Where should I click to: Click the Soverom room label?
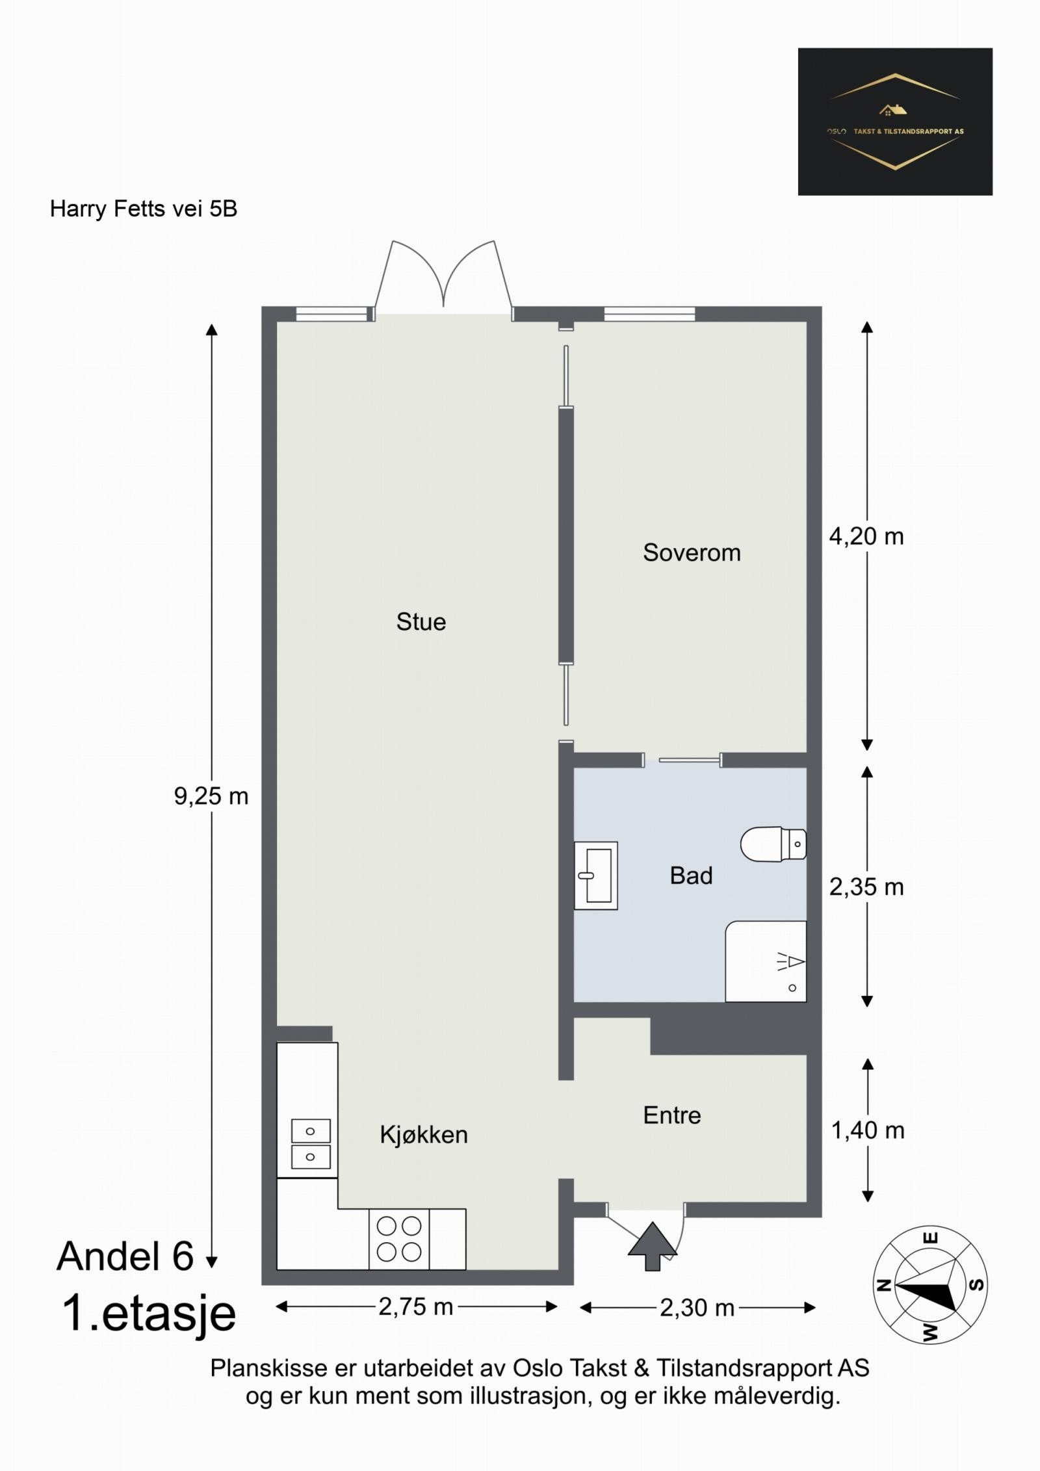click(692, 553)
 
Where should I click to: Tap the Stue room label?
click(421, 622)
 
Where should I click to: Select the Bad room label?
click(692, 876)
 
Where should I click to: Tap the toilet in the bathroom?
click(773, 844)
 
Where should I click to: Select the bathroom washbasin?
click(596, 876)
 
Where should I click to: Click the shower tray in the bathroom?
click(766, 961)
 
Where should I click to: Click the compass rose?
click(929, 1284)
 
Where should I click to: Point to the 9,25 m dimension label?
click(211, 796)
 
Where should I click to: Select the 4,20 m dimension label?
click(866, 536)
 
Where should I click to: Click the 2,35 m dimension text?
click(866, 887)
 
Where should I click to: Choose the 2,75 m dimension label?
click(416, 1307)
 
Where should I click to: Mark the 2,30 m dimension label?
click(697, 1307)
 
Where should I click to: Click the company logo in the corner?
click(895, 122)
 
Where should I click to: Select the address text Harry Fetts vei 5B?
click(144, 209)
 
